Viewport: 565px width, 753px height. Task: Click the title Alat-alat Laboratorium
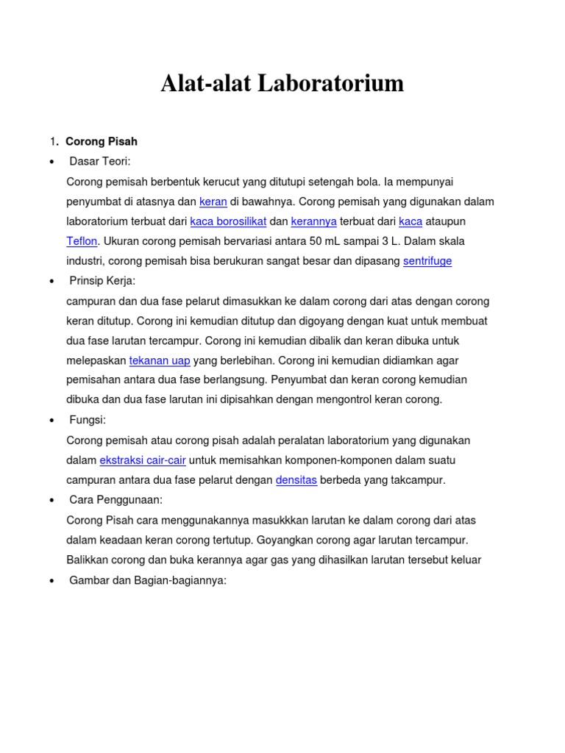[x=282, y=84]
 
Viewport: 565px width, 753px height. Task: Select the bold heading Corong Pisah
[x=102, y=141]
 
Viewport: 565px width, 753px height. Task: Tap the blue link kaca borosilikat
[x=228, y=221]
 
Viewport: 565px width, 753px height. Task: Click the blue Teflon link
[x=82, y=241]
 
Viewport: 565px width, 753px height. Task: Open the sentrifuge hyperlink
[x=427, y=261]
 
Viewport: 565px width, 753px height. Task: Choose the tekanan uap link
[x=160, y=360]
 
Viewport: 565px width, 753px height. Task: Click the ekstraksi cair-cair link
[x=143, y=460]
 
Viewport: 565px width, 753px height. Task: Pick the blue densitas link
[x=296, y=480]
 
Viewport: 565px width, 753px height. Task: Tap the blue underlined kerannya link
[x=314, y=221]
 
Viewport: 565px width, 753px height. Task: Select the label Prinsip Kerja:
[x=102, y=281]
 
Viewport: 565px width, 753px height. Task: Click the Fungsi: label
[x=88, y=420]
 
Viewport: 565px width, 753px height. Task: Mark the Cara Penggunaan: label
[x=116, y=500]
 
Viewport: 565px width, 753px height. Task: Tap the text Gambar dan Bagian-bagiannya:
[x=148, y=580]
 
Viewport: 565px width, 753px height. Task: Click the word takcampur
[x=417, y=480]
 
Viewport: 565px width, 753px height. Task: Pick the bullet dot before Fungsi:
[x=51, y=421]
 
